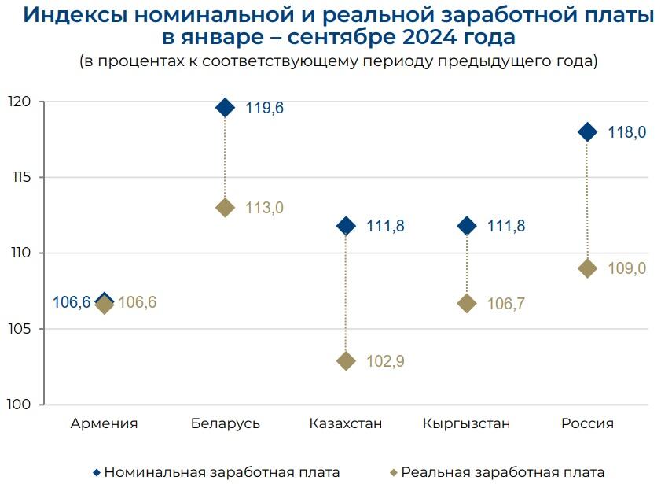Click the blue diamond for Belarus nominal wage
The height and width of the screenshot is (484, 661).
(x=225, y=108)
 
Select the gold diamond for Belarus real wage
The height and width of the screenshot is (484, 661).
(x=225, y=208)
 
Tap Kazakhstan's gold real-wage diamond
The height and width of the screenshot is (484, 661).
(x=346, y=361)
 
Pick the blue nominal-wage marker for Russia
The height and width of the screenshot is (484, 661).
(x=587, y=132)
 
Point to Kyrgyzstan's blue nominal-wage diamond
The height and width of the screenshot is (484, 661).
(x=467, y=226)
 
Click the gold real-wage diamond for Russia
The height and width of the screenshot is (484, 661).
(x=587, y=268)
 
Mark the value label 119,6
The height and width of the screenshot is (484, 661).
(x=264, y=109)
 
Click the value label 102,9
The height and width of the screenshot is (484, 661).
(x=385, y=362)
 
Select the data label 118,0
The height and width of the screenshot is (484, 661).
(x=626, y=133)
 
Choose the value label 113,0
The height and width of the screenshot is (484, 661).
(x=264, y=209)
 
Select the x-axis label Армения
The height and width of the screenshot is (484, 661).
(x=104, y=424)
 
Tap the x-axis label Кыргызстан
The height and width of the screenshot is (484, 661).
(x=466, y=424)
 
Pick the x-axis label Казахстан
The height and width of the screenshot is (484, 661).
(x=346, y=424)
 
